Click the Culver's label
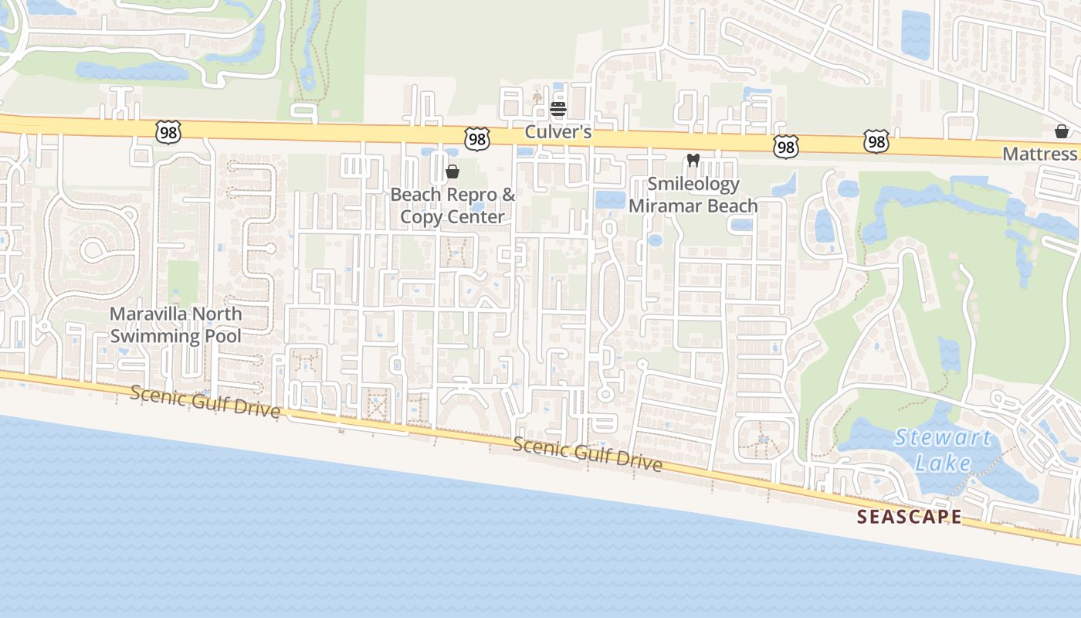557,132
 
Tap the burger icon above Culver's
558,109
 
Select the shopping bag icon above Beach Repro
452,171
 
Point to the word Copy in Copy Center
421,216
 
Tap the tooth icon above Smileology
693,161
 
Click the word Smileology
693,184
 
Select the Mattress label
1039,154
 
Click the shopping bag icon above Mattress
1062,131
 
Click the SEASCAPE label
910,517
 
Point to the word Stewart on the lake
942,438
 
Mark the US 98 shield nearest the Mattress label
876,141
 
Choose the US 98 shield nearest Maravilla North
168,132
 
